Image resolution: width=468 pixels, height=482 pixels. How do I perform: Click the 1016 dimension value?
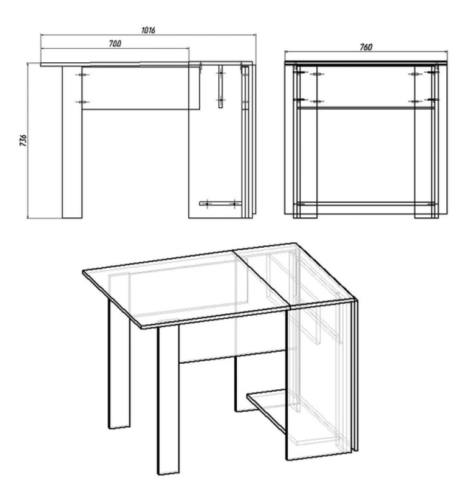click(148, 30)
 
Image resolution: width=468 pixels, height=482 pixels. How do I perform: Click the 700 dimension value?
click(115, 44)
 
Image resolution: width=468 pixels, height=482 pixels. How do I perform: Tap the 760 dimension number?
click(366, 47)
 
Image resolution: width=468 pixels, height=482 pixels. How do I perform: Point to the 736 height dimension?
click(24, 140)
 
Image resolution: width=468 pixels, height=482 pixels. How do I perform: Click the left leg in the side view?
click(72, 142)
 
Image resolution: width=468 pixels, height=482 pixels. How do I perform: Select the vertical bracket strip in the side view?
click(221, 87)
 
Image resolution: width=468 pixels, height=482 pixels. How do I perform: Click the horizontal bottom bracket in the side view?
click(221, 203)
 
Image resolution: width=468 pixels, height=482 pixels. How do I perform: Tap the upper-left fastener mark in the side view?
click(82, 74)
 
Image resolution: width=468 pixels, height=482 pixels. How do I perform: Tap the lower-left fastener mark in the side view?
click(82, 102)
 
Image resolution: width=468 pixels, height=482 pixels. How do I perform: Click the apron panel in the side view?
click(141, 88)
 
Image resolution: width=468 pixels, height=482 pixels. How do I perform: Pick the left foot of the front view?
click(305, 216)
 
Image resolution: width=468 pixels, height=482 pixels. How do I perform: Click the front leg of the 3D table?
click(168, 400)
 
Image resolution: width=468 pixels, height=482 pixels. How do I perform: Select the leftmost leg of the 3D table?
click(119, 362)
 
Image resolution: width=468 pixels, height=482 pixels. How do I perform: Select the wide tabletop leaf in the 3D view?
click(187, 289)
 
